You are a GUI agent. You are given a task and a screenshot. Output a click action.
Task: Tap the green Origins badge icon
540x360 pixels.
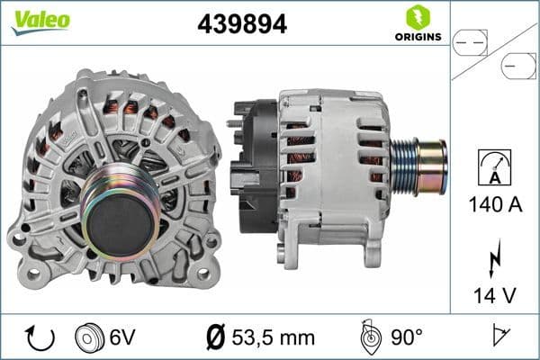coord(417,16)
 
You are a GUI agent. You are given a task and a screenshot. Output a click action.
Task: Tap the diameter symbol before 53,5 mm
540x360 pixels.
coord(215,337)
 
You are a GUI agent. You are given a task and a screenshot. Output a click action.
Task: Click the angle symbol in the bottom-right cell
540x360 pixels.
coord(496,337)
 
